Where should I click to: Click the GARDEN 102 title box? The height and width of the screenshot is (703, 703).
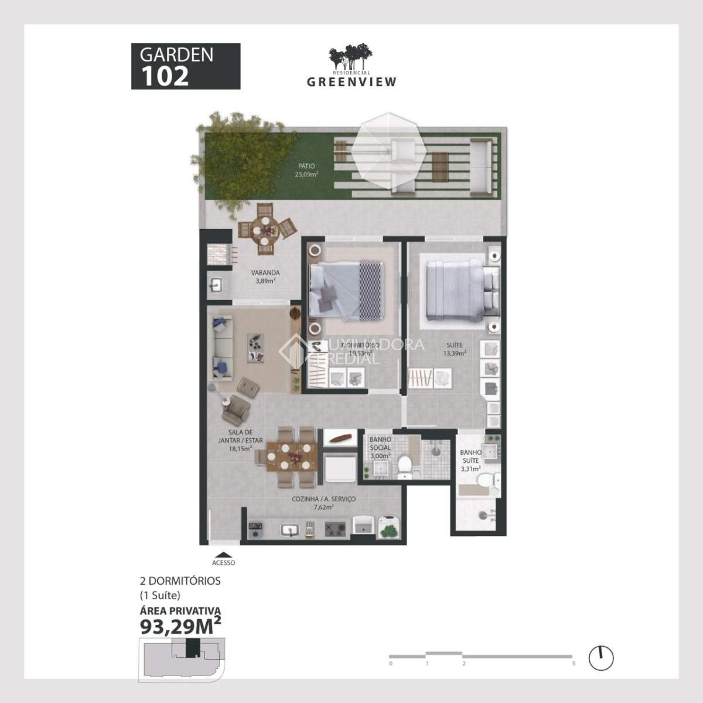point(185,66)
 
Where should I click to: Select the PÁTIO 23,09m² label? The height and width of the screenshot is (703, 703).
point(306,170)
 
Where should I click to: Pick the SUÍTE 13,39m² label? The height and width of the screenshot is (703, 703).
point(454,349)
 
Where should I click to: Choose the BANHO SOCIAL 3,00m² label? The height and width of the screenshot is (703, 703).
point(380,447)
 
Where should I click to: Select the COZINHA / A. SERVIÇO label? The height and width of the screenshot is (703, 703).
point(323,503)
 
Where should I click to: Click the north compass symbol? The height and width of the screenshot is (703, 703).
point(600,658)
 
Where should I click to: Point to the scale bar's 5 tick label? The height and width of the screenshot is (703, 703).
point(574,664)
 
